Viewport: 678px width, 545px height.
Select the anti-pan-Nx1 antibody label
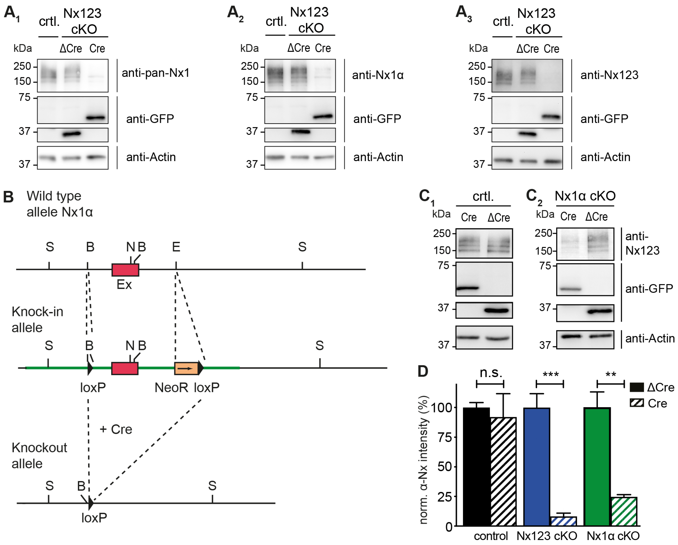click(x=156, y=73)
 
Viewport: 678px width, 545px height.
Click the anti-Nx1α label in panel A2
click(x=378, y=75)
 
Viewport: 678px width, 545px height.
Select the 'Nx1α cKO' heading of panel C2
click(x=585, y=196)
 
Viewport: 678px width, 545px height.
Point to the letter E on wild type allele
click(x=176, y=247)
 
